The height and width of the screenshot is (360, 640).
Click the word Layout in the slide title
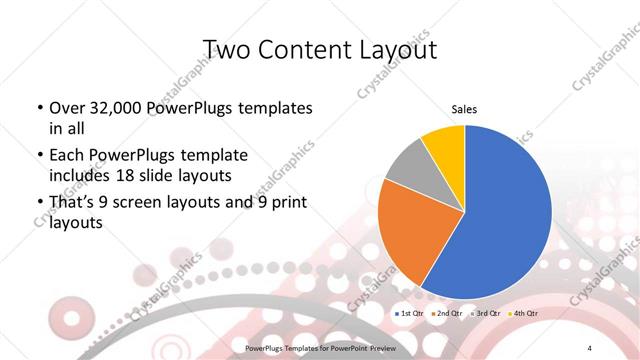click(393, 49)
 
